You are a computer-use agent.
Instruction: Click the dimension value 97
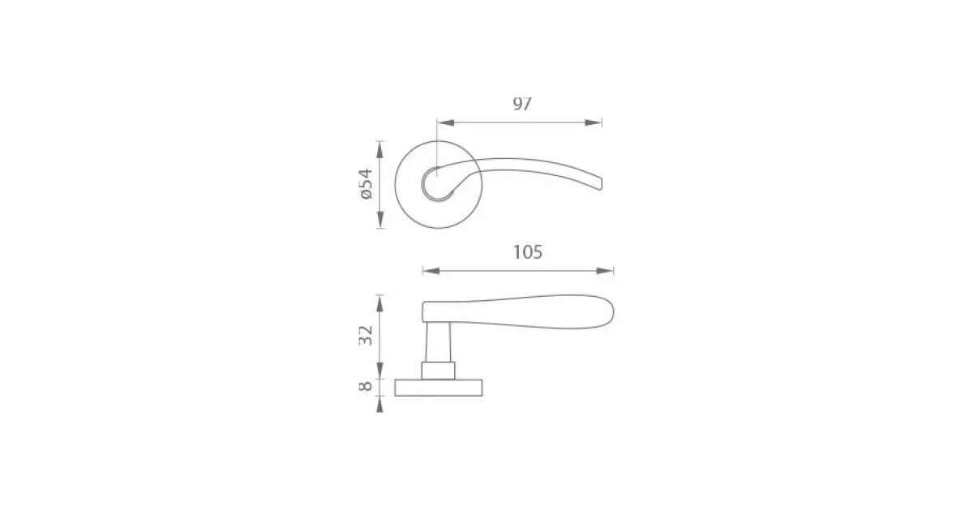[x=522, y=104]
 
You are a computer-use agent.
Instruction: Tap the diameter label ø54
[x=366, y=184]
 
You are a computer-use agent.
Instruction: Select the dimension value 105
[x=528, y=252]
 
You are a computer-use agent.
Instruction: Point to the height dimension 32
[x=366, y=336]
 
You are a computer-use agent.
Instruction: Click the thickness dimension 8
[x=366, y=386]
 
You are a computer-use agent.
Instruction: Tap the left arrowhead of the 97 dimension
[x=445, y=122]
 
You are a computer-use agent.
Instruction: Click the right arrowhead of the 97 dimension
[x=594, y=122]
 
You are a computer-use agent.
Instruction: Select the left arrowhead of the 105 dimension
[x=431, y=271]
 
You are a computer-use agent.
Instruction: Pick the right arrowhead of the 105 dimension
[x=605, y=271]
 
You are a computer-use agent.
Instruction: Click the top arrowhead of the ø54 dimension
[x=380, y=149]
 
